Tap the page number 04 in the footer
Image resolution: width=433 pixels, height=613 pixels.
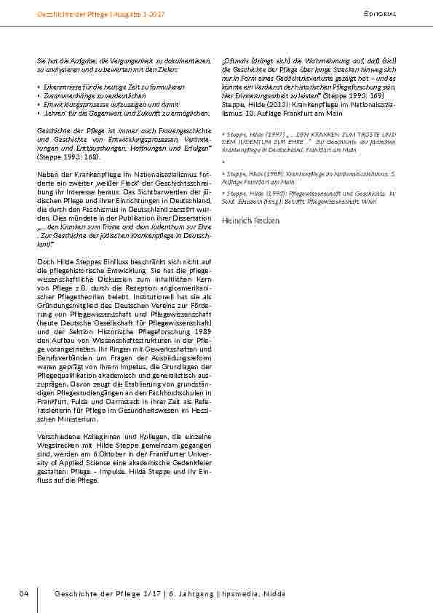tap(23, 594)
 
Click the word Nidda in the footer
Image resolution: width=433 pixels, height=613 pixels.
tap(274, 594)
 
